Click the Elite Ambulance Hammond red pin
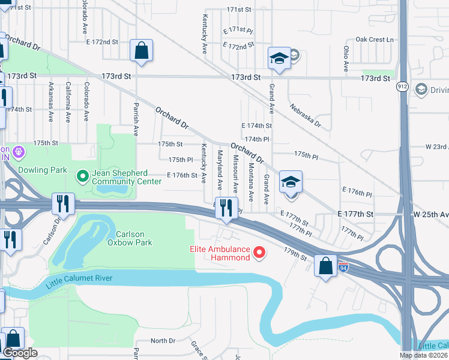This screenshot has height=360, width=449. pos(260,253)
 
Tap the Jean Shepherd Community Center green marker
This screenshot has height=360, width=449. pos(83,176)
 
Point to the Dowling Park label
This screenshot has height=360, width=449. pos(43,170)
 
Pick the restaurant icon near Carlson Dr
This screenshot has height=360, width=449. pos(62,204)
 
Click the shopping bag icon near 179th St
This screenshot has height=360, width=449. pos(325,266)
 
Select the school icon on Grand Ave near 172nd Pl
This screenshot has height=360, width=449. pos(279,58)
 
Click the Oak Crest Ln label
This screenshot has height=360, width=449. pos(374,40)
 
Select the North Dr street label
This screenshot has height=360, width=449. pos(163,341)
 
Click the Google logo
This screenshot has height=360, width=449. pos(20,353)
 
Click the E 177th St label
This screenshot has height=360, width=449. pos(355,214)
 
